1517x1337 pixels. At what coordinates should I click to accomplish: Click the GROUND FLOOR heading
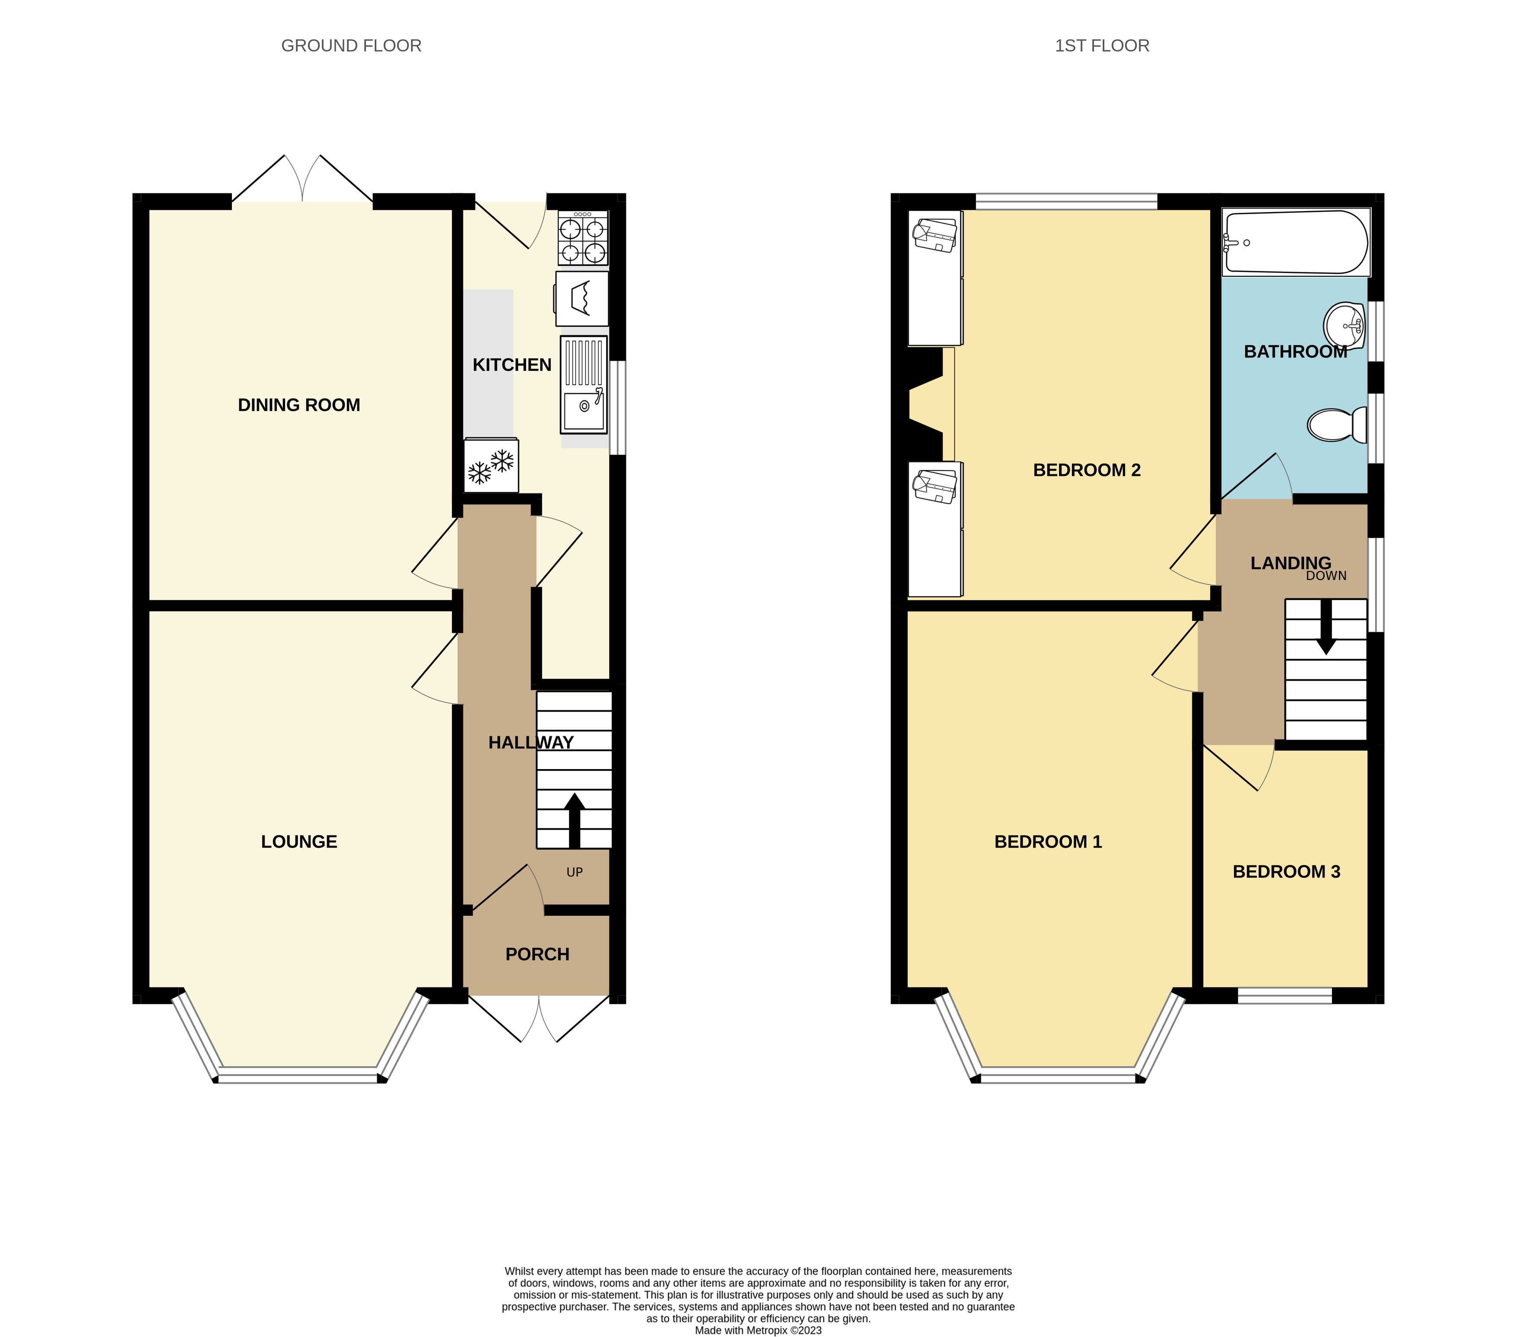click(351, 46)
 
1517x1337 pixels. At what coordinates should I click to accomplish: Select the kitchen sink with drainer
click(584, 385)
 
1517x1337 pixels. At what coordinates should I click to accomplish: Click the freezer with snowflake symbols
click(491, 466)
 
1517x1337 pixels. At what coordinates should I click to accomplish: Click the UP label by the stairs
click(574, 872)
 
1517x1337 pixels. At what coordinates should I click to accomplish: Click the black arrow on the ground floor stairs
click(574, 820)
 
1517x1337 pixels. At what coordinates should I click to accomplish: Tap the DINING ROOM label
click(298, 405)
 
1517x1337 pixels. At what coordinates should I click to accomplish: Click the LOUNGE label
click(298, 841)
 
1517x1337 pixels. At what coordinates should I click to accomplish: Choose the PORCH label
click(537, 954)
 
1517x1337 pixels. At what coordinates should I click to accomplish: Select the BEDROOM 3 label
click(1286, 872)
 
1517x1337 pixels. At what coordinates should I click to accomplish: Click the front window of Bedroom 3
click(1285, 996)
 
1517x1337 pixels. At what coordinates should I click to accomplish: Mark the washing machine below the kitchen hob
click(582, 298)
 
